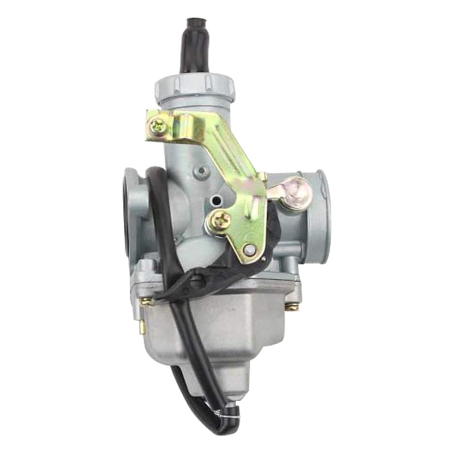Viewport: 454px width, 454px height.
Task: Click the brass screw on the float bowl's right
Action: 292,307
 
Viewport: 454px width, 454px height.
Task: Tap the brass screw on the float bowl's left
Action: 146,301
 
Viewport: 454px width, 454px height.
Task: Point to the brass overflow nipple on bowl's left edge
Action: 142,326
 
